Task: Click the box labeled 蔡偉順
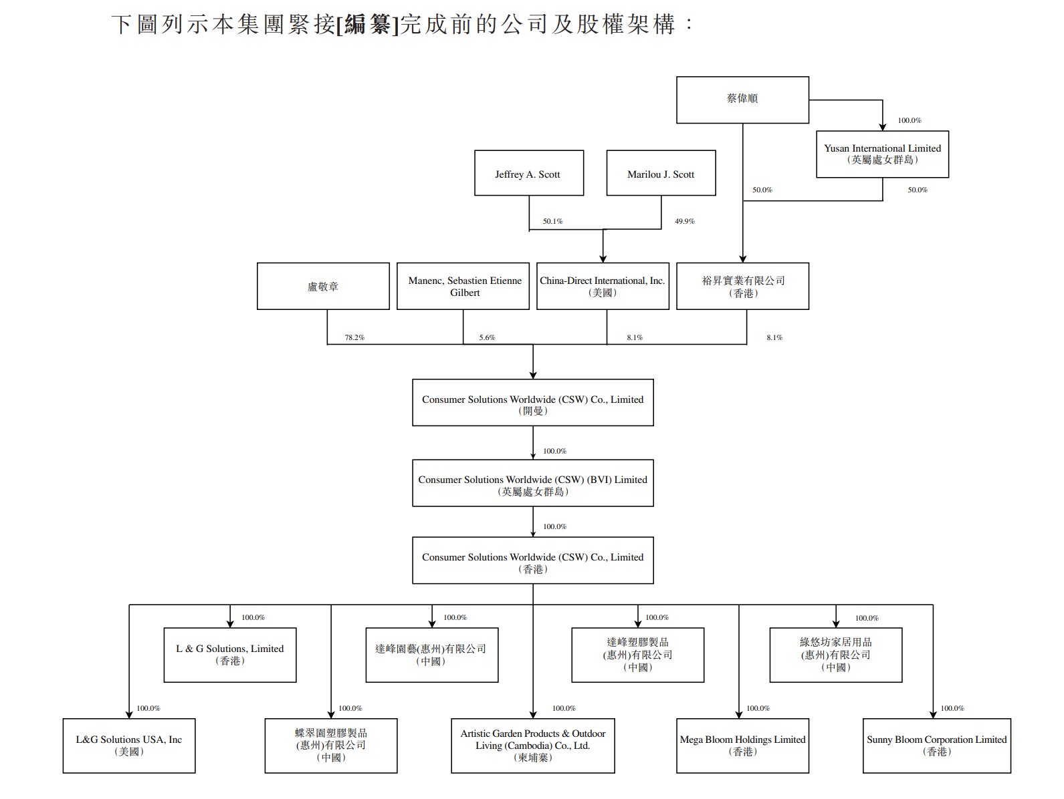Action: pos(742,100)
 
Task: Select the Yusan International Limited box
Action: pos(882,154)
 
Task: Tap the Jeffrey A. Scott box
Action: pos(528,173)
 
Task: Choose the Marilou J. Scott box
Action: pos(661,173)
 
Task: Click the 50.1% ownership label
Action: pos(552,221)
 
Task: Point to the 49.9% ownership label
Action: pos(684,221)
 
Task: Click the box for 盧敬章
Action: pos(323,286)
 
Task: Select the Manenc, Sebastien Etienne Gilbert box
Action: pos(464,286)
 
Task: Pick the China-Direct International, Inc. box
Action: pos(603,286)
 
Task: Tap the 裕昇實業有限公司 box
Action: pos(742,286)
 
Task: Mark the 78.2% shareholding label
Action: pos(354,337)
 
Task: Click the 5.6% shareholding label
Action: pos(487,337)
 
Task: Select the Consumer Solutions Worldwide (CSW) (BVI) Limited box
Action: pos(532,484)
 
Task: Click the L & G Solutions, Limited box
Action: pos(229,655)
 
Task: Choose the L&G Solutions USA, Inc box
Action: pos(129,746)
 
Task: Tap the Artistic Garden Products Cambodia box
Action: pos(532,746)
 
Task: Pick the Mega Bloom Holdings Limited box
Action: pos(742,746)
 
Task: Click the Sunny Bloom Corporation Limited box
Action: pos(936,746)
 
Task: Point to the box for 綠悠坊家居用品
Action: pos(835,655)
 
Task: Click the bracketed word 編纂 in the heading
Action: pos(368,25)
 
